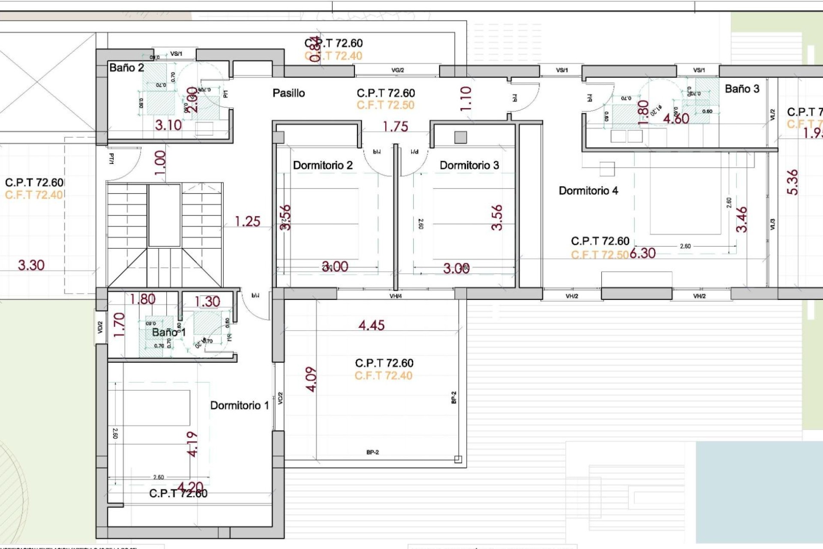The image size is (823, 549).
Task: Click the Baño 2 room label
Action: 126,68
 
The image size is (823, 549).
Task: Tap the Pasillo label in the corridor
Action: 288,93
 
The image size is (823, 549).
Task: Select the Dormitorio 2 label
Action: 322,166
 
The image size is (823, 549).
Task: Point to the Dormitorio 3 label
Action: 469,166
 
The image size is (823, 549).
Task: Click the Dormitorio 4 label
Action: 588,191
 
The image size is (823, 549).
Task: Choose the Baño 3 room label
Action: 742,89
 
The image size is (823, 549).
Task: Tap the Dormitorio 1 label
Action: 239,405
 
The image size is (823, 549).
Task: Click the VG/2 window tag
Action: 397,70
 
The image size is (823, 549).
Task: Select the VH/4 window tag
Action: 395,296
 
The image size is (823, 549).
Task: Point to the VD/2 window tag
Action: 100,328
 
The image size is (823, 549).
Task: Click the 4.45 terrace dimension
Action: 371,326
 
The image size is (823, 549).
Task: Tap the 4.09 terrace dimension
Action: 312,379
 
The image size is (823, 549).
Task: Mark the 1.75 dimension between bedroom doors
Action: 395,127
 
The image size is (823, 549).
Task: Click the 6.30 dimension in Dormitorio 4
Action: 643,253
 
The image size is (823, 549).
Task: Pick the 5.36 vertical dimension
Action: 793,182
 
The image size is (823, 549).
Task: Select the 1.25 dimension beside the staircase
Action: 247,221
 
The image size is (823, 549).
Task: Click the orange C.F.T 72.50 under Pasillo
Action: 385,106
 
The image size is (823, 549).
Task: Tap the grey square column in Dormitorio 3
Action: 460,137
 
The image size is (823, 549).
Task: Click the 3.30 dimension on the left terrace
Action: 31,265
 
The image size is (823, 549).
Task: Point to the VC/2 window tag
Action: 280,398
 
